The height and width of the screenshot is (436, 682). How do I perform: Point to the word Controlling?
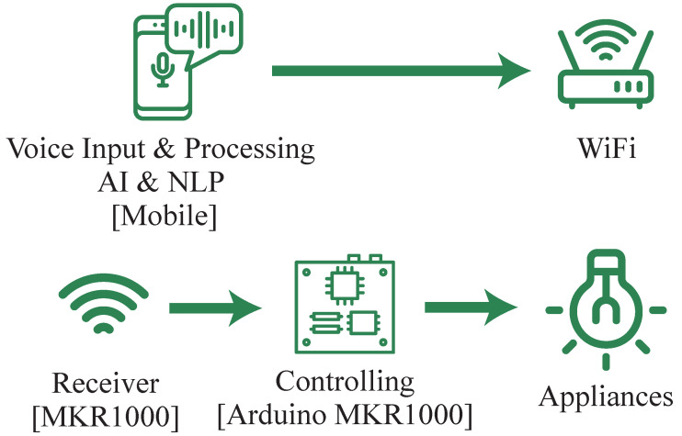coord(345,381)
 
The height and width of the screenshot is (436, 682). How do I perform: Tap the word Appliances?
coord(606,398)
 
